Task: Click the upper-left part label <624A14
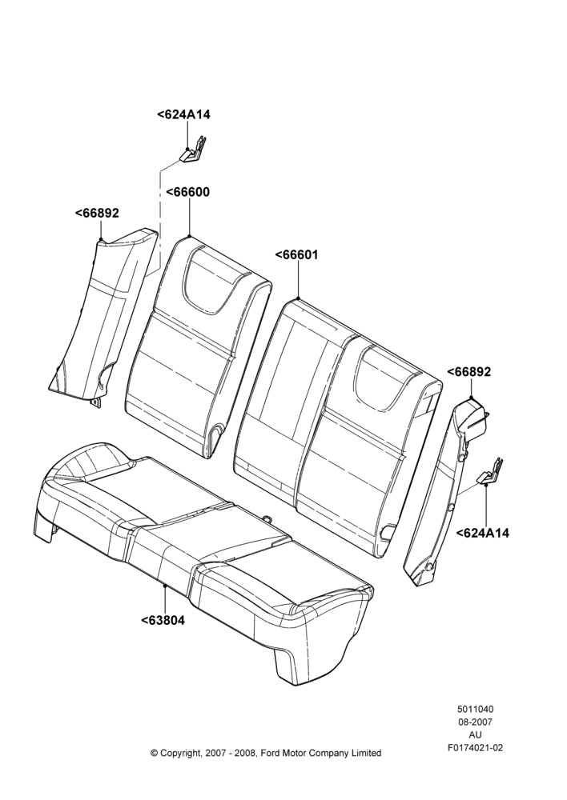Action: click(x=183, y=114)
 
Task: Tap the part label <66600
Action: click(x=187, y=192)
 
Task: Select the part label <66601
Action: click(x=296, y=254)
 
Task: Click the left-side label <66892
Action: click(x=97, y=213)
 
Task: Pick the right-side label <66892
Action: click(x=469, y=372)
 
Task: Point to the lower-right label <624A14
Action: click(x=483, y=533)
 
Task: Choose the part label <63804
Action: click(x=163, y=621)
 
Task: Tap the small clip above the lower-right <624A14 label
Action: click(x=490, y=473)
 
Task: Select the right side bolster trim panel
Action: click(x=444, y=490)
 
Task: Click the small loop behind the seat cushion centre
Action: click(x=267, y=518)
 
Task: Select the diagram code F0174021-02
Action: click(x=475, y=748)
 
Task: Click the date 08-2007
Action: click(x=475, y=722)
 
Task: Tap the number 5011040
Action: click(x=475, y=709)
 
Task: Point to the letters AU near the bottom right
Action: click(x=475, y=734)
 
